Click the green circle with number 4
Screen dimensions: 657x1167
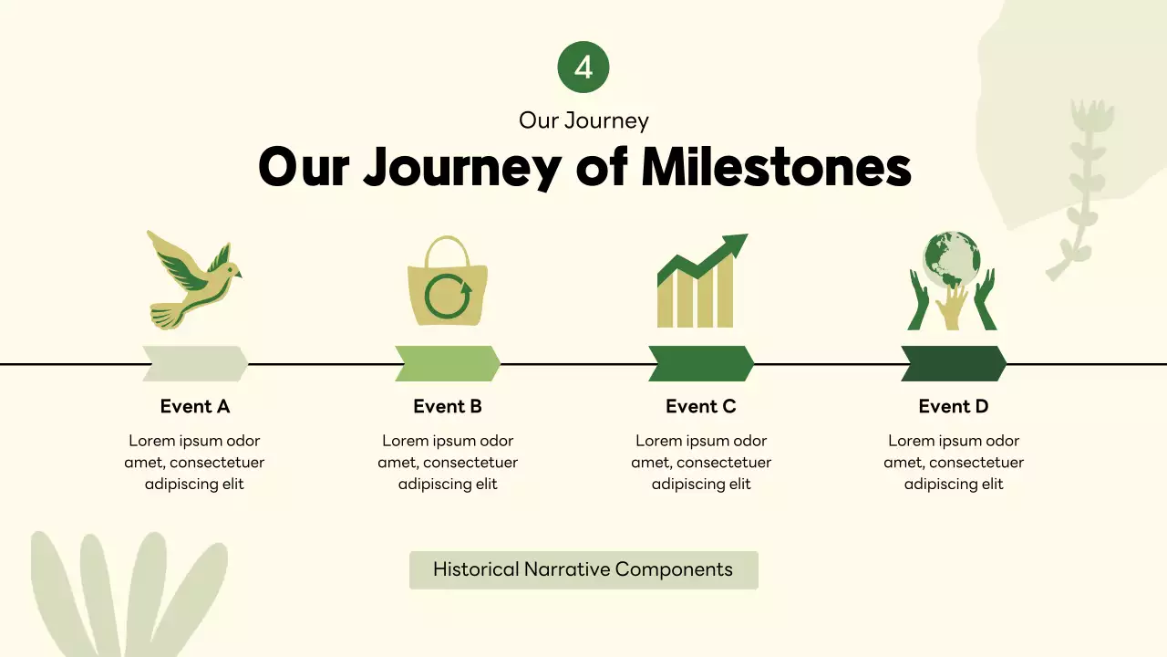[x=583, y=68]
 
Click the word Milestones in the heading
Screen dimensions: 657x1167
[x=776, y=168]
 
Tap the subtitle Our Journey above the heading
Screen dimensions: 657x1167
[x=583, y=120]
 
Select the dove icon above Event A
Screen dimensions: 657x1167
[x=193, y=278]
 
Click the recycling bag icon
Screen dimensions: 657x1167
[x=447, y=282]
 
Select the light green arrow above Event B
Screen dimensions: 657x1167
[x=448, y=363]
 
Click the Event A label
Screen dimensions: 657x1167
[x=195, y=406]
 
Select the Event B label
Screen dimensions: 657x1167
[x=448, y=406]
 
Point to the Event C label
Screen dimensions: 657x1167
[x=701, y=406]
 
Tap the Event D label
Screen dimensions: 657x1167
[x=954, y=406]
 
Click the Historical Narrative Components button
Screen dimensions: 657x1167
[x=583, y=569]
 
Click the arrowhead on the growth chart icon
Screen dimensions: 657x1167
[x=732, y=245]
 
